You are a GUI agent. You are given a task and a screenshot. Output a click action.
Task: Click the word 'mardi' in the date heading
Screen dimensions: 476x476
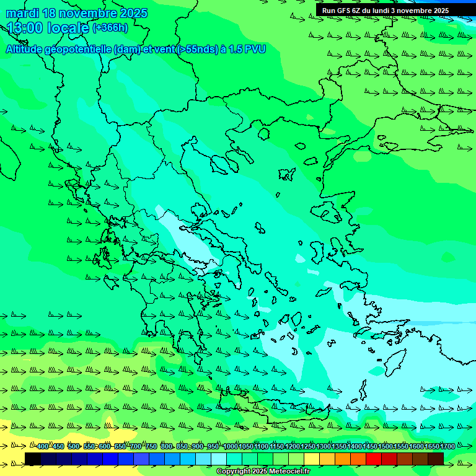22,13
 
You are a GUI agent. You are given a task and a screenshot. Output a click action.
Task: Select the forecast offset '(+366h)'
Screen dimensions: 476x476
110,28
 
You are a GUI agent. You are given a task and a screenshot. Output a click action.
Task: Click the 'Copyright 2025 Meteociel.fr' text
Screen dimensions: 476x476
263,472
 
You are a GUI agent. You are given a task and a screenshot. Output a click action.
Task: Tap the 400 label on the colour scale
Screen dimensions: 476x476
43,446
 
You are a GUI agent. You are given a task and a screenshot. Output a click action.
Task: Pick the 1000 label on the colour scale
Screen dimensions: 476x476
230,446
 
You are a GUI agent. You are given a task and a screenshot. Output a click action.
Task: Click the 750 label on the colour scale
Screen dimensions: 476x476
151,446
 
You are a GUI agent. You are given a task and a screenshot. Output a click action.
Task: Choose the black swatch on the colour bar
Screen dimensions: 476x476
33,459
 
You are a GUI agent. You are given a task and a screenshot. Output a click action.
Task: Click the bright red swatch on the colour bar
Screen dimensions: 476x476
374,459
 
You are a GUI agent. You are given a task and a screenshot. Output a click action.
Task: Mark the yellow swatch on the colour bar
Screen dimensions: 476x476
312,459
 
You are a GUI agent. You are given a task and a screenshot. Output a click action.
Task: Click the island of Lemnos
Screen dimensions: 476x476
286,174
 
